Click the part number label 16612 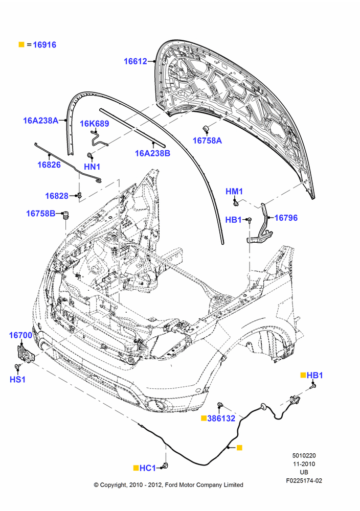[x=136, y=61]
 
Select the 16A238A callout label [x=40, y=121]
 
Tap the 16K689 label [x=95, y=124]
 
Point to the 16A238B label [x=152, y=153]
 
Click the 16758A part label [x=207, y=141]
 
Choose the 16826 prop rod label [x=49, y=165]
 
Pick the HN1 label [x=92, y=167]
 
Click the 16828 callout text [x=57, y=196]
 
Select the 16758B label [x=41, y=214]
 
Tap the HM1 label [x=234, y=192]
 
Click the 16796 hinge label [x=286, y=218]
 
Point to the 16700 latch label [x=20, y=335]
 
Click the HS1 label [x=17, y=380]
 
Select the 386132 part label [x=221, y=419]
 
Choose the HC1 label [x=148, y=468]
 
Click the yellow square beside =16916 [x=21, y=44]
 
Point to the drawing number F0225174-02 [x=304, y=481]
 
